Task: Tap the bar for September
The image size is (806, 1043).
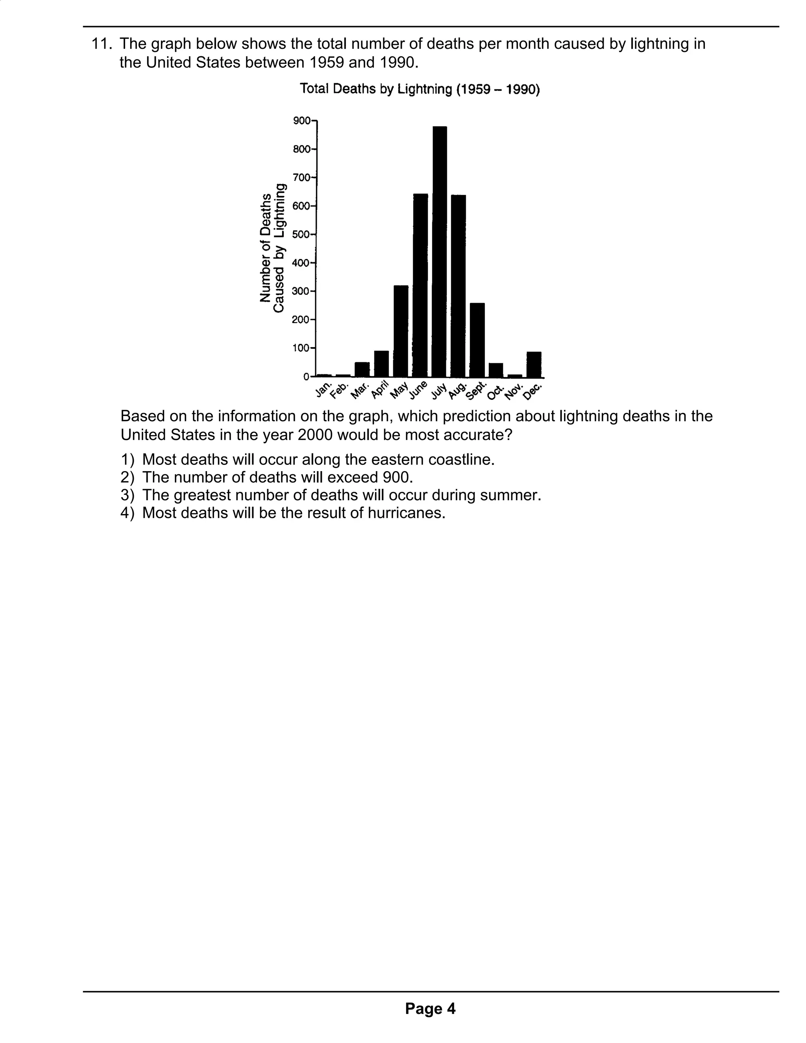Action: point(477,340)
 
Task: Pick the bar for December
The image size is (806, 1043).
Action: point(534,364)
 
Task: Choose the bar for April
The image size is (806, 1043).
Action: point(381,364)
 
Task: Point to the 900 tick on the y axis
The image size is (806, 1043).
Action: point(302,120)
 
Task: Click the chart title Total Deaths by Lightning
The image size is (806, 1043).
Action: point(419,89)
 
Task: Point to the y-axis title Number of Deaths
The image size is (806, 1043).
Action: point(266,248)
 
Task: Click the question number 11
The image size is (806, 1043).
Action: point(101,44)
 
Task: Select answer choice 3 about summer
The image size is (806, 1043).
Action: point(331,495)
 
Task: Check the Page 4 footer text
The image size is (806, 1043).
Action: point(430,1009)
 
